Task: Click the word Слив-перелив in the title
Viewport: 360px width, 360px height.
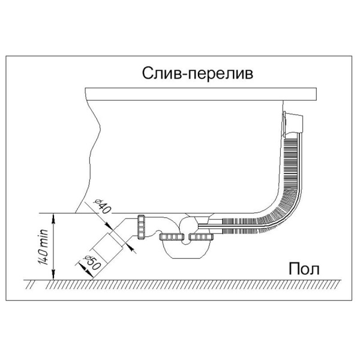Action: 197,74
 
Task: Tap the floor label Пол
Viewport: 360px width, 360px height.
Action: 304,269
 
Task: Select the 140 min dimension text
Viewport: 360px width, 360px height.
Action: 44,247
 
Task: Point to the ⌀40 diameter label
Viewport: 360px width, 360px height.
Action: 103,206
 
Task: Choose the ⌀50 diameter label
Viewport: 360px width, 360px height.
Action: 92,262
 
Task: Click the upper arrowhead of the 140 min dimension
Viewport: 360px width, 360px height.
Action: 53,218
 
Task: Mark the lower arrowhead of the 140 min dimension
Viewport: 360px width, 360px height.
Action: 53,275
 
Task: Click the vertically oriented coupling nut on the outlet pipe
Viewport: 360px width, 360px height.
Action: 141,227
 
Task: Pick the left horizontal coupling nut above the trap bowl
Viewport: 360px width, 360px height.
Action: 171,236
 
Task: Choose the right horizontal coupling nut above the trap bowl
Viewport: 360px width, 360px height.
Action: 201,236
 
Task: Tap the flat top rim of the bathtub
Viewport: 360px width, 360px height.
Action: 201,94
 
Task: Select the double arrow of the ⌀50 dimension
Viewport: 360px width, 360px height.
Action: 86,271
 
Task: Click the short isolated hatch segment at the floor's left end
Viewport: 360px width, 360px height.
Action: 29,285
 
